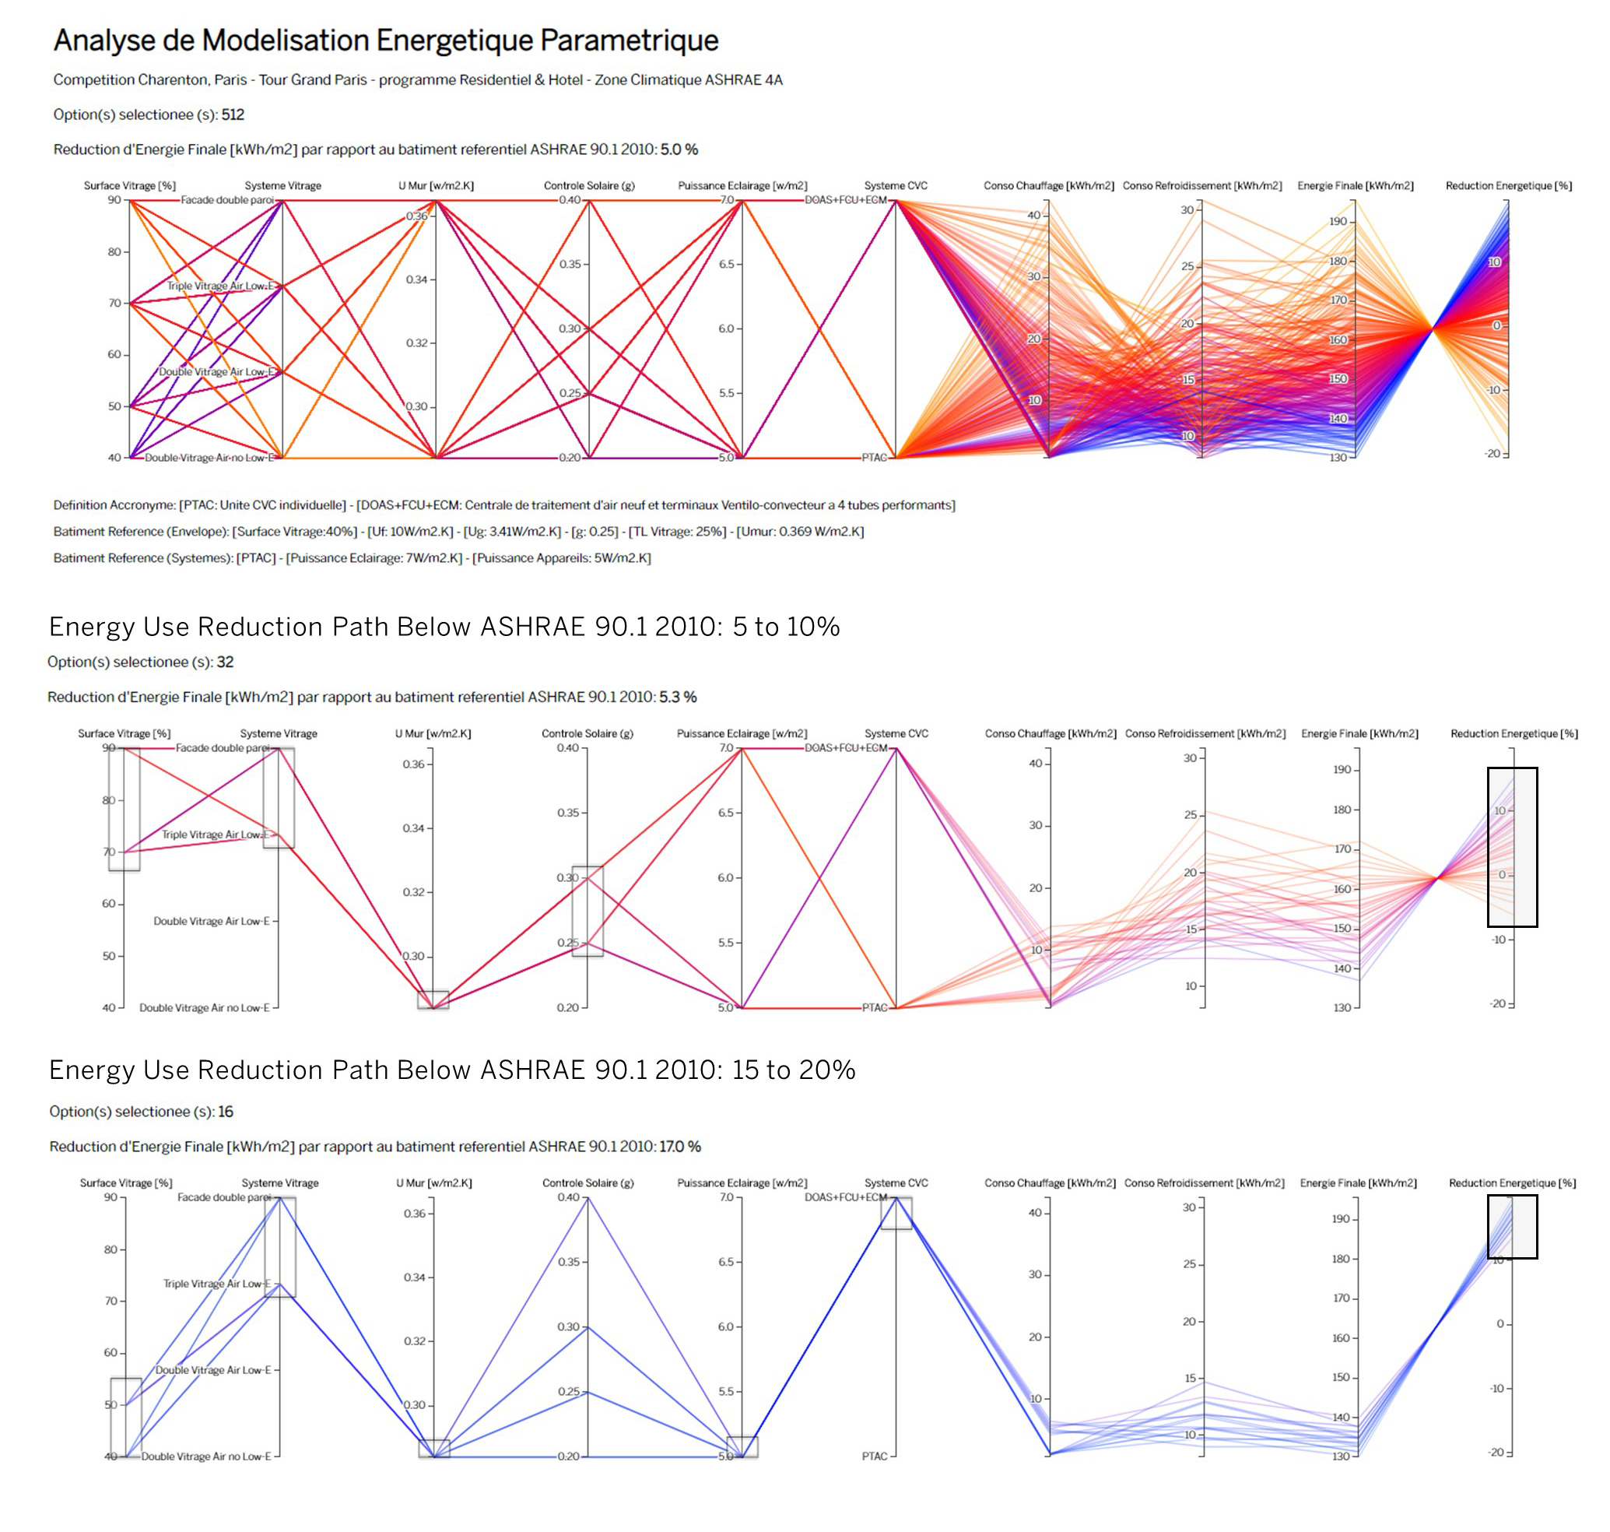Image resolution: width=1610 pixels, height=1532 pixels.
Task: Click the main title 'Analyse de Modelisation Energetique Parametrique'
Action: [x=385, y=40]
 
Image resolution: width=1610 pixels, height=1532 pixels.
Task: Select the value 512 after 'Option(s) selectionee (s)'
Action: [x=233, y=115]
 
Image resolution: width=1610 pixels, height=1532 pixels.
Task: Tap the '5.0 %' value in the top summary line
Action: [x=679, y=149]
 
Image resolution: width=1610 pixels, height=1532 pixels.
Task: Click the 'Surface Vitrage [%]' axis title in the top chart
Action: [x=130, y=186]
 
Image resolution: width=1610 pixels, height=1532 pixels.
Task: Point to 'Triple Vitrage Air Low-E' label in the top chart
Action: [x=220, y=286]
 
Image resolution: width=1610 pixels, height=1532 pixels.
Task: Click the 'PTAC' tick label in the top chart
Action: [x=874, y=459]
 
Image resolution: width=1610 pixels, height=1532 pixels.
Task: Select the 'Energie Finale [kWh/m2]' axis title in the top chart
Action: [x=1356, y=186]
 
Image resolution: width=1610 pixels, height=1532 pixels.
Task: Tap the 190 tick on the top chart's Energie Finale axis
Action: [x=1338, y=221]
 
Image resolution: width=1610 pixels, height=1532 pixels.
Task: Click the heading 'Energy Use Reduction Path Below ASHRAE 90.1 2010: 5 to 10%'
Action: [x=444, y=627]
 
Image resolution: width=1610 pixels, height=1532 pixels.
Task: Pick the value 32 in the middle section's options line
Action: [x=226, y=662]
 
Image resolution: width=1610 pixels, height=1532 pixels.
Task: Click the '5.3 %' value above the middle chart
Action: [x=678, y=697]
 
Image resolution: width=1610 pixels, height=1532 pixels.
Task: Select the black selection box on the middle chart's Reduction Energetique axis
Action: [x=1512, y=847]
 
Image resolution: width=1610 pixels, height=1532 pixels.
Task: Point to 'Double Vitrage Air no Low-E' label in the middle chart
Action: [x=204, y=1008]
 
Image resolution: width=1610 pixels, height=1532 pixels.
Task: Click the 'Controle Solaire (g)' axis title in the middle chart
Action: [x=587, y=733]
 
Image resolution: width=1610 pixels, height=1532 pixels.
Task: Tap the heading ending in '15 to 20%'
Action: [x=451, y=1070]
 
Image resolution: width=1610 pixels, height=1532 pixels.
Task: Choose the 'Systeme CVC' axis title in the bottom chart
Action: [x=896, y=1182]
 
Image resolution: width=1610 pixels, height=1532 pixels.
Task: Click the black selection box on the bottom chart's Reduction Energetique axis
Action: [x=1512, y=1227]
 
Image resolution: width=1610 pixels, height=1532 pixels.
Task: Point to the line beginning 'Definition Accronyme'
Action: [x=503, y=505]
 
